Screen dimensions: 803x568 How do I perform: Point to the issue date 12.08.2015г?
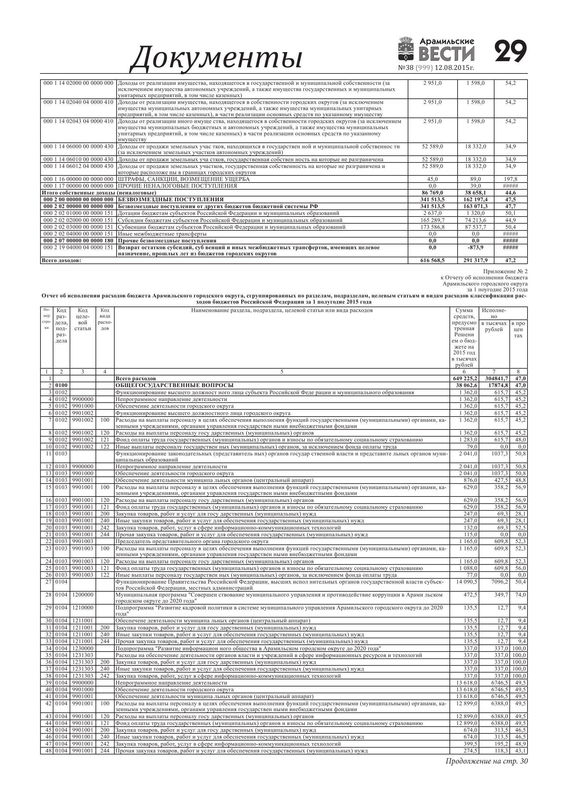point(454,68)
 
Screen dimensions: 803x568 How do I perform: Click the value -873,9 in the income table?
point(476,247)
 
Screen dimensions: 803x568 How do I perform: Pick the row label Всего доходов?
point(61,260)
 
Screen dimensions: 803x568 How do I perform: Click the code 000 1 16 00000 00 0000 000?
point(78,179)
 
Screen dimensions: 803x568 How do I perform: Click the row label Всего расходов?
point(136,378)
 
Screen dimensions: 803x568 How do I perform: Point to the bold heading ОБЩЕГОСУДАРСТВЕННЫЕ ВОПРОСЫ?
point(174,385)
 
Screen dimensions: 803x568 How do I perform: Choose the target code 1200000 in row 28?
point(83,595)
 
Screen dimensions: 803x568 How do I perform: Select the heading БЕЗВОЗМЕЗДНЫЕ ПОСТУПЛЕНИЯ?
point(170,199)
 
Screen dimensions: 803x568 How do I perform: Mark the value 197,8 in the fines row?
point(511,179)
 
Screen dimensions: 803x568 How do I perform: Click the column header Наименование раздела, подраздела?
point(282,310)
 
